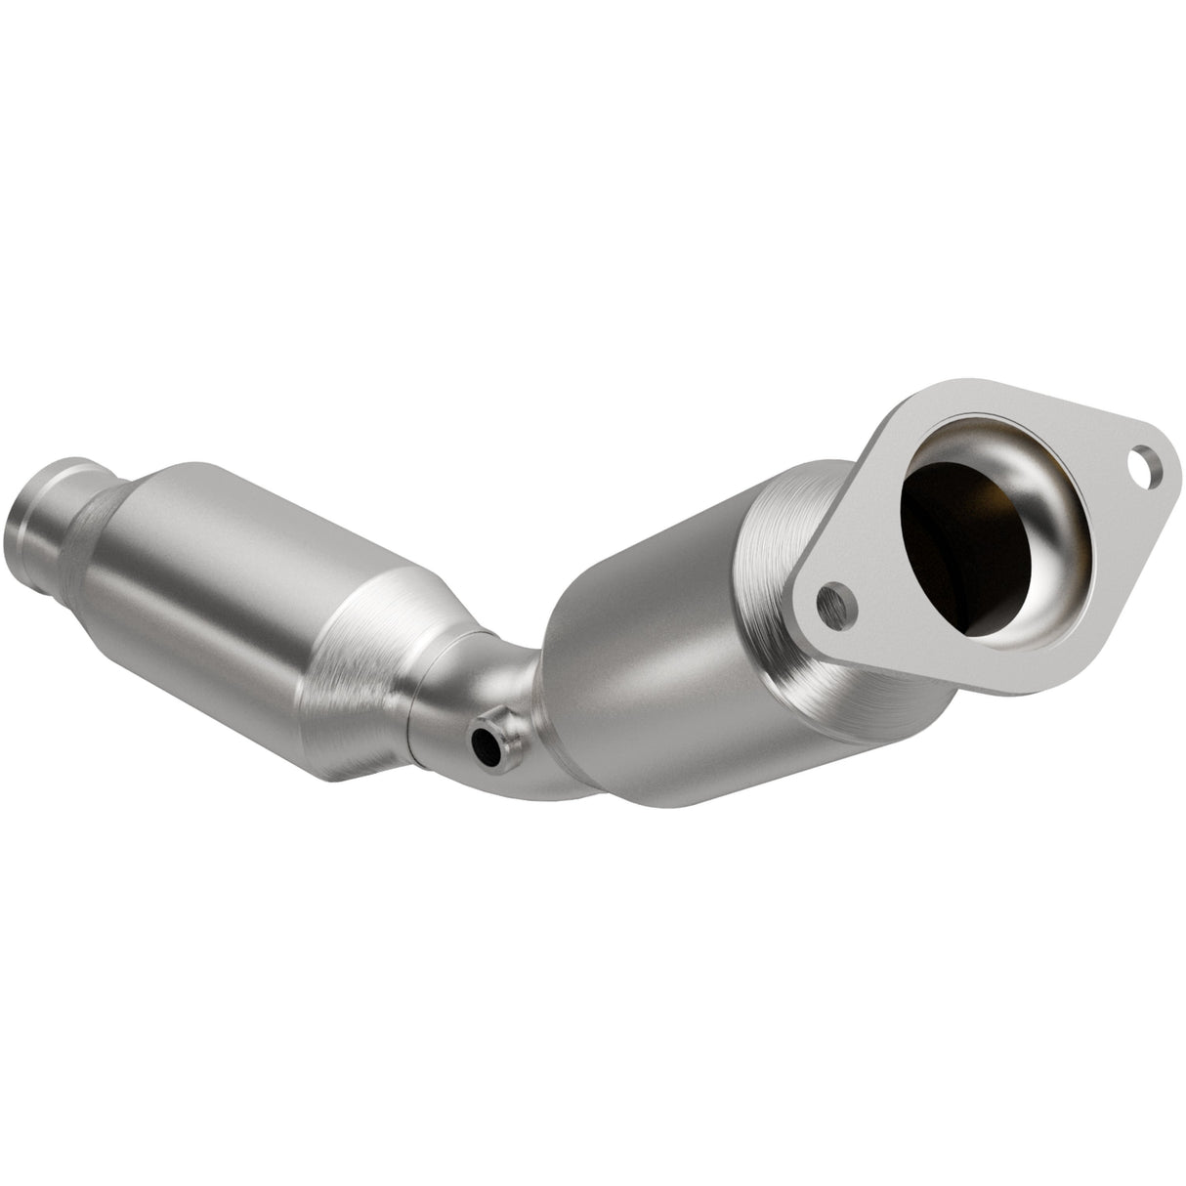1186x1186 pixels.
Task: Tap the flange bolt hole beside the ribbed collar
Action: [x=836, y=606]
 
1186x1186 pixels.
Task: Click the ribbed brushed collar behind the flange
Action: [x=782, y=576]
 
